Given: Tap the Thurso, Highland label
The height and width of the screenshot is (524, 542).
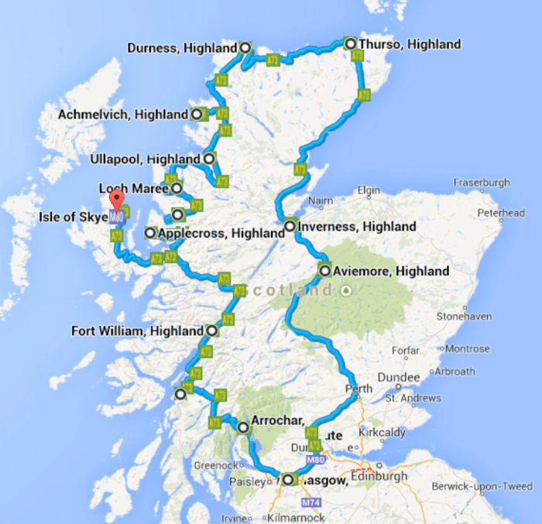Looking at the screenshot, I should pos(410,44).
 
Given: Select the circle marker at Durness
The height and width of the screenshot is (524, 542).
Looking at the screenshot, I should pos(245,48).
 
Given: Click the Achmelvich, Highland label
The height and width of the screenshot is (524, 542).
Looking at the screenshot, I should pos(123,115).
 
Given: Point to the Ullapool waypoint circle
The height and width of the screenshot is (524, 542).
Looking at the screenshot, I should pos(209,159).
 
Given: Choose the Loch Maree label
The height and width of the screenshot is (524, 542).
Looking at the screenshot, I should pos(135,188).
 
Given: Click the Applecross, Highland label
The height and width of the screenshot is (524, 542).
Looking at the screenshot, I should pos(221,233).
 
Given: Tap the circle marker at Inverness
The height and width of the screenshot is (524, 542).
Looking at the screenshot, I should pos(290,227).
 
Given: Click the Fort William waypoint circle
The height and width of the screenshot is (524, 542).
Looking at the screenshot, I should pos(212,330).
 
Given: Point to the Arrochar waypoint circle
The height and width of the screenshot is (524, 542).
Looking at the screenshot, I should pos(243,427).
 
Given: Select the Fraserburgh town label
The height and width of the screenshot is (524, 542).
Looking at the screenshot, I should pos(482,183).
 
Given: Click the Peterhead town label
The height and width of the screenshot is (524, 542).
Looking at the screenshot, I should pos(501,212).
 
